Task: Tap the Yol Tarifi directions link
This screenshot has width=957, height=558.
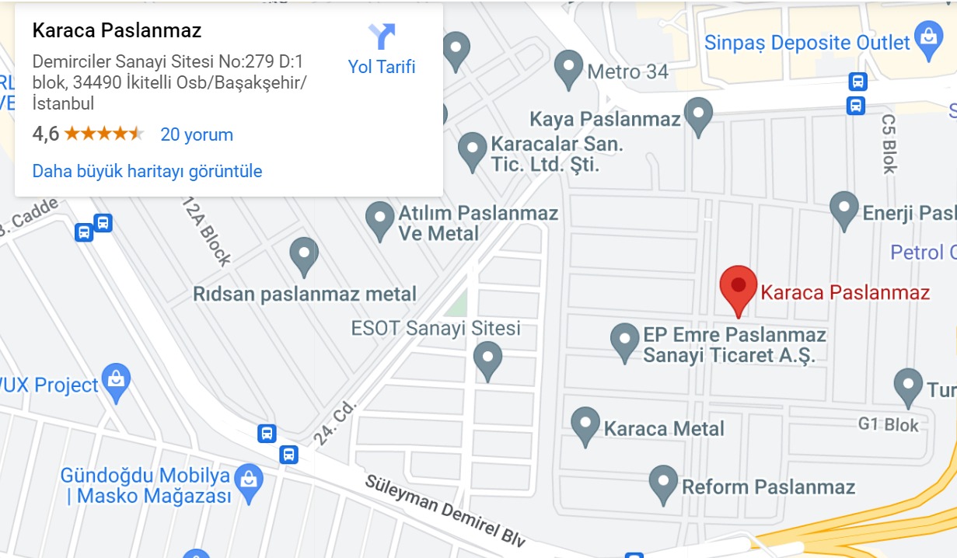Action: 382,67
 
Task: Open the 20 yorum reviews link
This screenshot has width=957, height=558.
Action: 197,134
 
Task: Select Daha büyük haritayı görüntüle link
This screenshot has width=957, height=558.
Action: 147,171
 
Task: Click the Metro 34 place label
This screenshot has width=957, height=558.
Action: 627,72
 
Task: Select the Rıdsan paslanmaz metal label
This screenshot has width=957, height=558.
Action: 305,294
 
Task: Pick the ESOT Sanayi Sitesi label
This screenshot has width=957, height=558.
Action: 436,328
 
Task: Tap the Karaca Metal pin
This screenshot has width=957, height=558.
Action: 585,424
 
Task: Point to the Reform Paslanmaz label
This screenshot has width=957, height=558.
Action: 768,487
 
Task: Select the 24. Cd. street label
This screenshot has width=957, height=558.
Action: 335,424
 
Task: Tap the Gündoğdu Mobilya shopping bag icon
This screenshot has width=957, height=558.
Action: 248,480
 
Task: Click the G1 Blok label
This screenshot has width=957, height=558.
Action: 888,425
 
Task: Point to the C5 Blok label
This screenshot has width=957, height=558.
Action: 889,144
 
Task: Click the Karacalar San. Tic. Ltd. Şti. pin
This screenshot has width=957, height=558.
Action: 472,149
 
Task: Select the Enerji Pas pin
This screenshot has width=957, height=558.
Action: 843,209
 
